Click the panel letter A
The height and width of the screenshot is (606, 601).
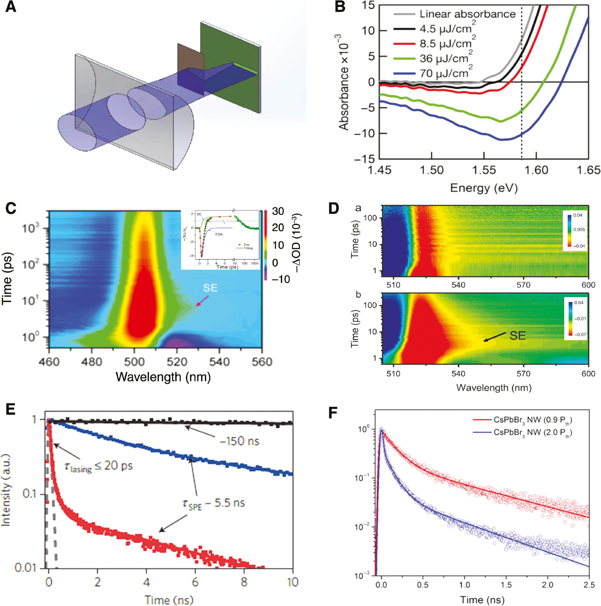point(11,7)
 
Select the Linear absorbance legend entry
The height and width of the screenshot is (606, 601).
point(467,14)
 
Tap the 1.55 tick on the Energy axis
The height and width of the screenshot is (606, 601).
point(484,170)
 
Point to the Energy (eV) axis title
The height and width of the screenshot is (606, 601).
point(484,188)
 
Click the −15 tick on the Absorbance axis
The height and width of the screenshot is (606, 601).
point(364,159)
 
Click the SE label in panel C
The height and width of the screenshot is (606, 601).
point(210,288)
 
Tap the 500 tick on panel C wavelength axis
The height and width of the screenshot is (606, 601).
point(134,361)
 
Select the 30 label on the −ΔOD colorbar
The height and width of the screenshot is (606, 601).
point(278,211)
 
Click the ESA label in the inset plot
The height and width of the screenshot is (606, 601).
point(219,234)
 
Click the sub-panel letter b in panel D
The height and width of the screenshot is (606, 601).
point(358,295)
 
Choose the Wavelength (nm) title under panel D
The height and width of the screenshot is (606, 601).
point(494,388)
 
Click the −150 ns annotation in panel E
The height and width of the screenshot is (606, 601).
point(239,441)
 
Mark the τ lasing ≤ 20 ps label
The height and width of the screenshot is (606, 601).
point(98,466)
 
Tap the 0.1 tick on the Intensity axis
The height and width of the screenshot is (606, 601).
point(30,494)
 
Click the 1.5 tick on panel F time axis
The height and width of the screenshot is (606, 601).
point(506,585)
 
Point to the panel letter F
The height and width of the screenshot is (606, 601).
point(333,413)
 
